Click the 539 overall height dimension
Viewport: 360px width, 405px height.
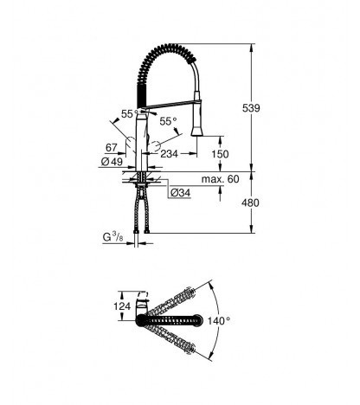tap(251, 108)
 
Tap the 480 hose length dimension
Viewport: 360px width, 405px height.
tap(250, 203)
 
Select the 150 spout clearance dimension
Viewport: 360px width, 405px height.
tap(220, 154)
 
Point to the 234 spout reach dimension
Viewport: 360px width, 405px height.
tap(169, 154)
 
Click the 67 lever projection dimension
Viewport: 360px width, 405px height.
tap(112, 148)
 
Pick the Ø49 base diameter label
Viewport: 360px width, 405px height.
tap(112, 162)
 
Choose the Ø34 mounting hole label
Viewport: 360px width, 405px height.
tap(180, 192)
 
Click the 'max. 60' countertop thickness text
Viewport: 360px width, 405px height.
tap(220, 179)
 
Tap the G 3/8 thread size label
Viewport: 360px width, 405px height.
tap(113, 237)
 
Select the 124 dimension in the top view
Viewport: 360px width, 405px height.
tap(122, 306)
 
